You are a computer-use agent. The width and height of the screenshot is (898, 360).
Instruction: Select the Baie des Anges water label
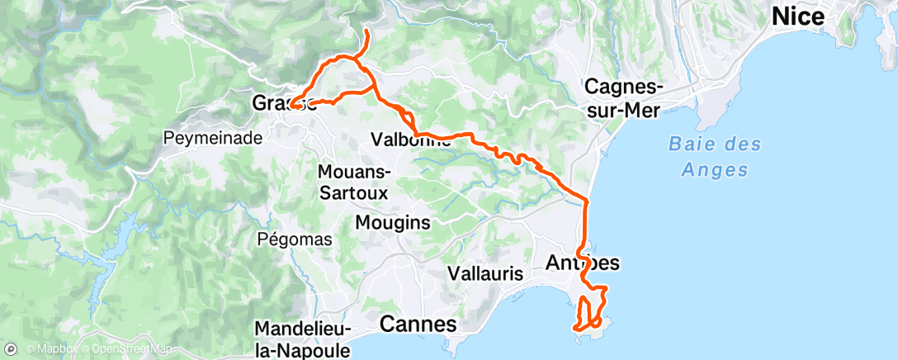[708, 157]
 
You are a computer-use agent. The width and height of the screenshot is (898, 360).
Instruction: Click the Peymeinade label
[213, 137]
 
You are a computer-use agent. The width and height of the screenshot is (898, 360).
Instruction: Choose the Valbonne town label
[411, 140]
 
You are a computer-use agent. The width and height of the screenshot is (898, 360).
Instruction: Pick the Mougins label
[393, 222]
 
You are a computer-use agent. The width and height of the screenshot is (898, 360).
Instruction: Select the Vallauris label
[487, 272]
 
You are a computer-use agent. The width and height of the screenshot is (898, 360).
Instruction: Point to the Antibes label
[583, 263]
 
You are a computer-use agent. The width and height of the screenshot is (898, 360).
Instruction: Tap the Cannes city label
[418, 324]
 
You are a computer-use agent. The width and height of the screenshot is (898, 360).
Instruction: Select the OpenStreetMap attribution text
[111, 349]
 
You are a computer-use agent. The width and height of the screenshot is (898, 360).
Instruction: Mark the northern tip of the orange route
[366, 31]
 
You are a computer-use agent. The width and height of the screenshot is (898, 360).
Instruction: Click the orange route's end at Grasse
[291, 105]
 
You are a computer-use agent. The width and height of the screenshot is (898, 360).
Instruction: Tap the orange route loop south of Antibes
[593, 309]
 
